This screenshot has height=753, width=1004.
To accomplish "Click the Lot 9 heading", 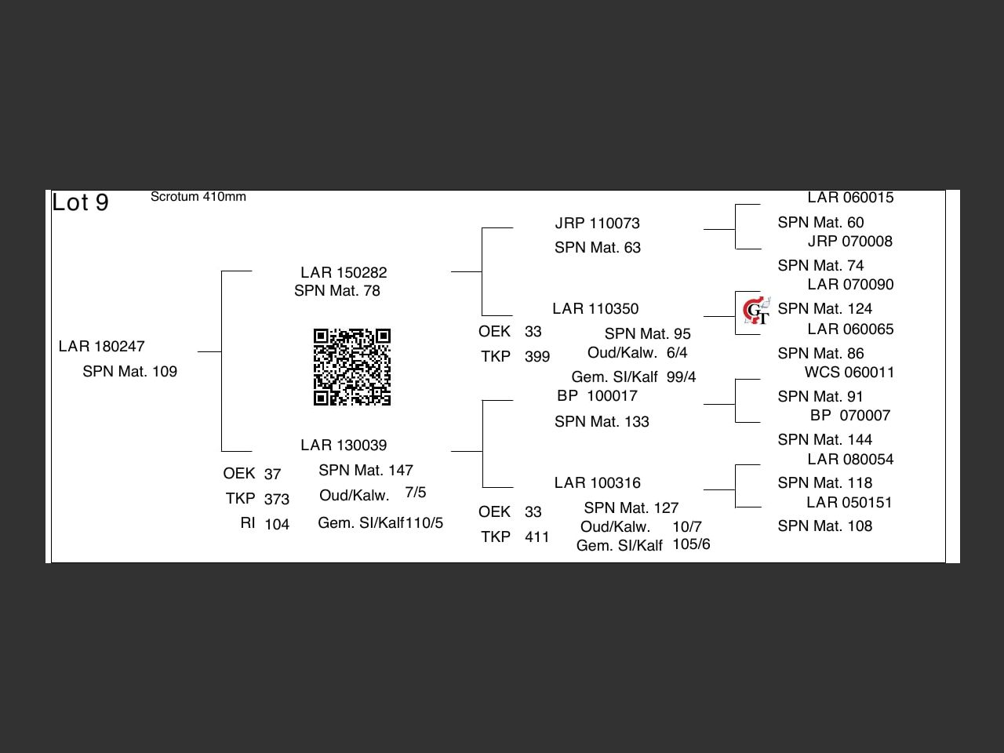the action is point(81,202).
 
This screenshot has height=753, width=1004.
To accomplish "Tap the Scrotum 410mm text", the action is point(198,197).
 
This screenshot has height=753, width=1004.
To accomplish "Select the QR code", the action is point(351,366).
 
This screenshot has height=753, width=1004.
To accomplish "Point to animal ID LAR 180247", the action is point(101,346).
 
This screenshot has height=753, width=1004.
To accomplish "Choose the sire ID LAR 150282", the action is point(344,272).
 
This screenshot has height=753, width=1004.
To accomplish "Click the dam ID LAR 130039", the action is point(344,445).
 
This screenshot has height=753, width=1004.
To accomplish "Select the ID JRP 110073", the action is point(598,223).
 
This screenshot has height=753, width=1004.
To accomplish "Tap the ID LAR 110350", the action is point(595,308).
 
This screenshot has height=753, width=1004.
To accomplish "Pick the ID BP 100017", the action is point(597,395).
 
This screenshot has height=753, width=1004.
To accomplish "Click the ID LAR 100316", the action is point(598,483).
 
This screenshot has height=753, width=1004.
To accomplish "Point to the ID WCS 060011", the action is point(849,372).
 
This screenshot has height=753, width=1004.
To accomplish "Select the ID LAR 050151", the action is point(849,503).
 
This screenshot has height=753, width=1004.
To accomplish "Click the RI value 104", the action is point(277,524).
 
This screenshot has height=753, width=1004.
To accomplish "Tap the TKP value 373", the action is point(277,499).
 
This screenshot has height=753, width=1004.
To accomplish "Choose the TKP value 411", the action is point(537,537).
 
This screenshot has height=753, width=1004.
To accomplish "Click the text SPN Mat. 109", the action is point(130,371).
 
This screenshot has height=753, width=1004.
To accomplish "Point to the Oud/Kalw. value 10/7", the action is point(687,526).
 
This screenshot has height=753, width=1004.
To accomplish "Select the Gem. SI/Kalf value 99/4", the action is point(681,376).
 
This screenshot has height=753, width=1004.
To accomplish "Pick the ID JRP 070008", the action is point(849,241).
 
